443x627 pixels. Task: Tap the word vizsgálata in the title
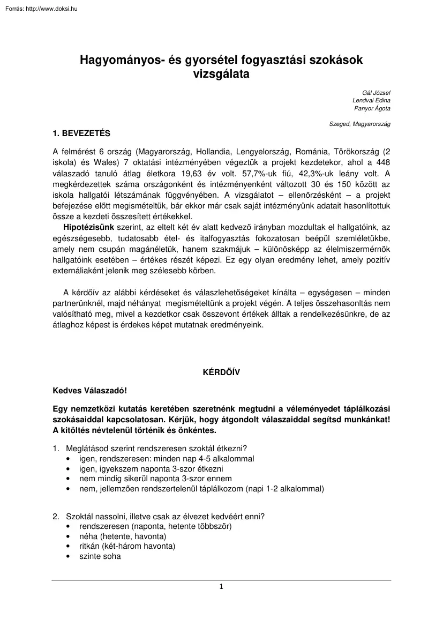point(221,75)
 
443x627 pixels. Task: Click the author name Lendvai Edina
point(371,101)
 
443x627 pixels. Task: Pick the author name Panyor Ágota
point(372,109)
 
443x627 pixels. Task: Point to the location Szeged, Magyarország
point(360,124)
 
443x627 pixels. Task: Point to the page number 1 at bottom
point(221,587)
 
